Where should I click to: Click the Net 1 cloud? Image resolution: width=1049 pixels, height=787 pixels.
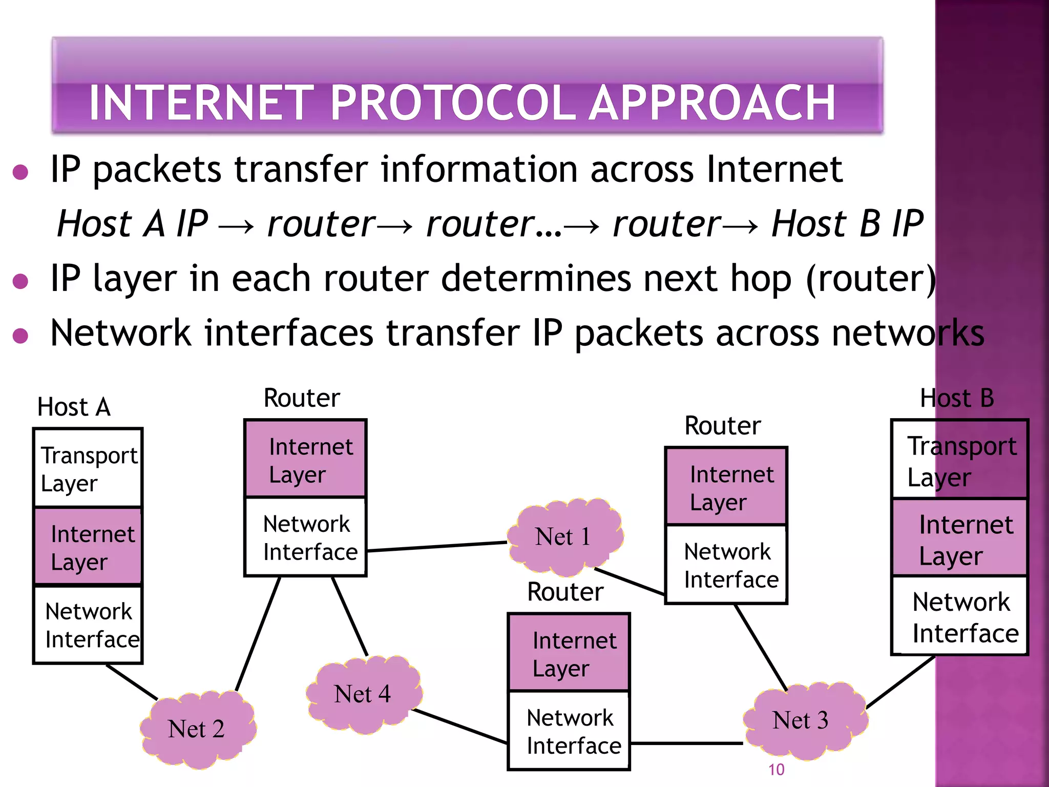click(x=563, y=537)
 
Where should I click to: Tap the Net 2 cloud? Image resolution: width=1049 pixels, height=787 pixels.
click(x=197, y=729)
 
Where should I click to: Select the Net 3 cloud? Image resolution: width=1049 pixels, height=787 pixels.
click(x=802, y=720)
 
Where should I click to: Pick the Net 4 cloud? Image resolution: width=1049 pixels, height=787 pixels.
click(x=363, y=694)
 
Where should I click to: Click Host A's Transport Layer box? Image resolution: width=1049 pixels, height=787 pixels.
click(x=88, y=468)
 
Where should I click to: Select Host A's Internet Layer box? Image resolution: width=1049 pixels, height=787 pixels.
click(x=88, y=547)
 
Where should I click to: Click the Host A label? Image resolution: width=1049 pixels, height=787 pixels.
click(x=74, y=407)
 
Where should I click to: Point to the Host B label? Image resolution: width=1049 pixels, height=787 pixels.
click(x=956, y=399)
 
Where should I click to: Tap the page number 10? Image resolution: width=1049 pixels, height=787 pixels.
click(x=776, y=770)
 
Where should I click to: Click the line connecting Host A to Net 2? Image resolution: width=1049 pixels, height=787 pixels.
click(x=132, y=682)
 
